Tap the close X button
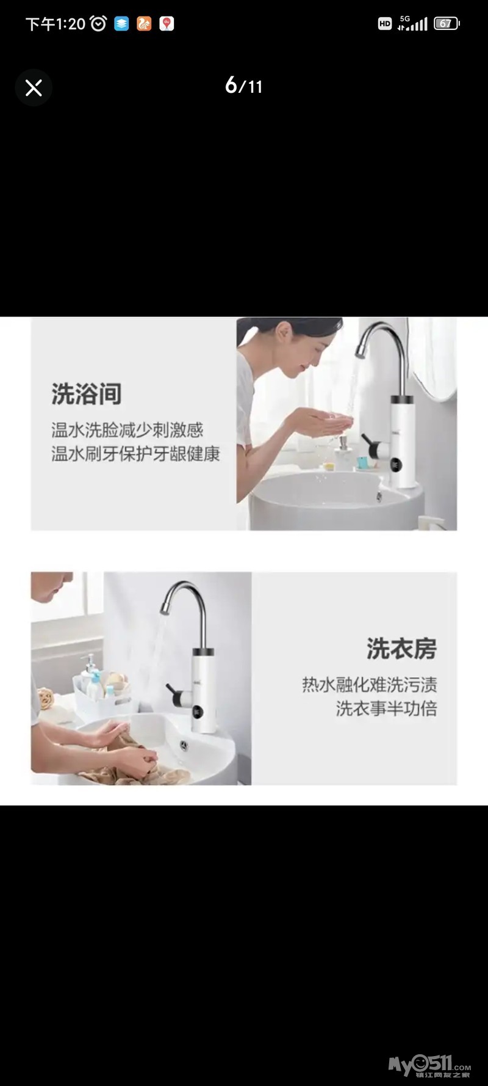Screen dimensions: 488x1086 click(34, 88)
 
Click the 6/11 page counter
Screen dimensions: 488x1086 click(244, 86)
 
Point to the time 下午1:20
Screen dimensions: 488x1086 click(56, 24)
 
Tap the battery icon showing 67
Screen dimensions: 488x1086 click(447, 24)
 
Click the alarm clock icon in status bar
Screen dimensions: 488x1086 click(98, 24)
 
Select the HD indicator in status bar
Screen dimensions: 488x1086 click(384, 24)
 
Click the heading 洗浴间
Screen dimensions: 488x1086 click(87, 394)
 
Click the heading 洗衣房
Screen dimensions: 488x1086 click(402, 649)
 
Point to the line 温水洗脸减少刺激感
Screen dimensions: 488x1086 click(127, 430)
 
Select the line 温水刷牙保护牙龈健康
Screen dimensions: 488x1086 click(135, 454)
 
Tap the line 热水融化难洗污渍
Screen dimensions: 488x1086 click(370, 685)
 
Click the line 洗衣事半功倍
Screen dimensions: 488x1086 click(387, 709)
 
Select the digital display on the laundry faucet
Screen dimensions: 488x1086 click(198, 712)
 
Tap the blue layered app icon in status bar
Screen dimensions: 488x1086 click(121, 24)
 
